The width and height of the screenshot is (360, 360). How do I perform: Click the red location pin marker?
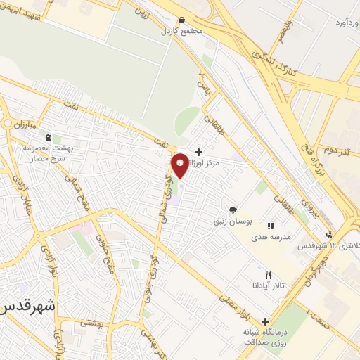pos(181,165)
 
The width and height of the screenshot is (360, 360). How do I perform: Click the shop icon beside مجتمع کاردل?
pos(182,20)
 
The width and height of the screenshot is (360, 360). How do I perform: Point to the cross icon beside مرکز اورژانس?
pos(199,151)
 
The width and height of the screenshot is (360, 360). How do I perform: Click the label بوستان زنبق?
pos(231,221)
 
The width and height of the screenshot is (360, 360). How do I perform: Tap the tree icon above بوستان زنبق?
pos(233,210)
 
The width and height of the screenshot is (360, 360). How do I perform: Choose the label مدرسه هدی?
pos(270,238)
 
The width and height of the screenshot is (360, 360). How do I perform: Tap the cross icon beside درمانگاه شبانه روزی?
pos(266,319)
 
